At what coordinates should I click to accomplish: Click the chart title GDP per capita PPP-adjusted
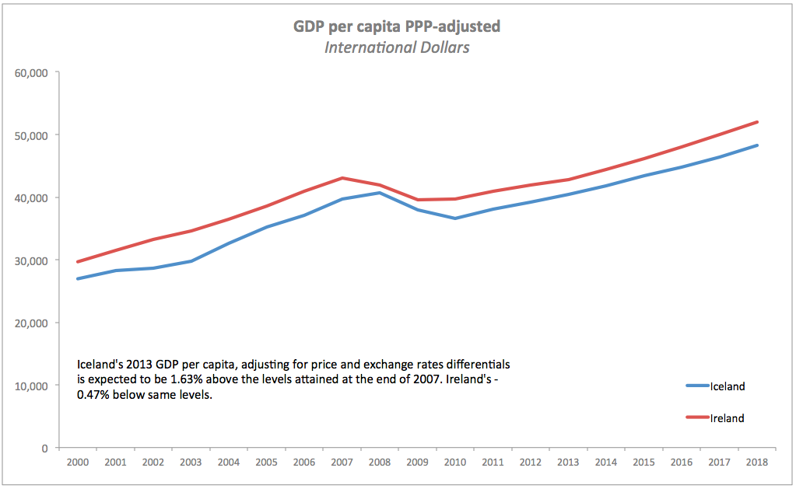point(397,26)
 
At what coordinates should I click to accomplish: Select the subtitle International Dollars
point(397,47)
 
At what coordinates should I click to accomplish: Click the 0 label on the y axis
point(46,448)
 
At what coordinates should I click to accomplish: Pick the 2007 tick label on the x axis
point(342,462)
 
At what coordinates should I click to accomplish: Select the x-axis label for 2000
point(77,462)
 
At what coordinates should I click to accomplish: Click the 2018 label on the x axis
point(757,462)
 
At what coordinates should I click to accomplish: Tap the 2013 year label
point(569,462)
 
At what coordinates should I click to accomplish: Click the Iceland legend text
point(728,386)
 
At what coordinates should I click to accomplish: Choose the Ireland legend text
point(728,418)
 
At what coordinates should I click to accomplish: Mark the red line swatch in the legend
point(697,418)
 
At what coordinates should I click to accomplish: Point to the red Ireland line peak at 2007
point(342,178)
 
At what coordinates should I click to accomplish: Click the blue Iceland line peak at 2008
point(380,193)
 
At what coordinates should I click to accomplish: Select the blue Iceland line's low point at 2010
point(455,218)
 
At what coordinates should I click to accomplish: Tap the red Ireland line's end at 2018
point(757,122)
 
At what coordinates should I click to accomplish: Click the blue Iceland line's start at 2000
point(77,278)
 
